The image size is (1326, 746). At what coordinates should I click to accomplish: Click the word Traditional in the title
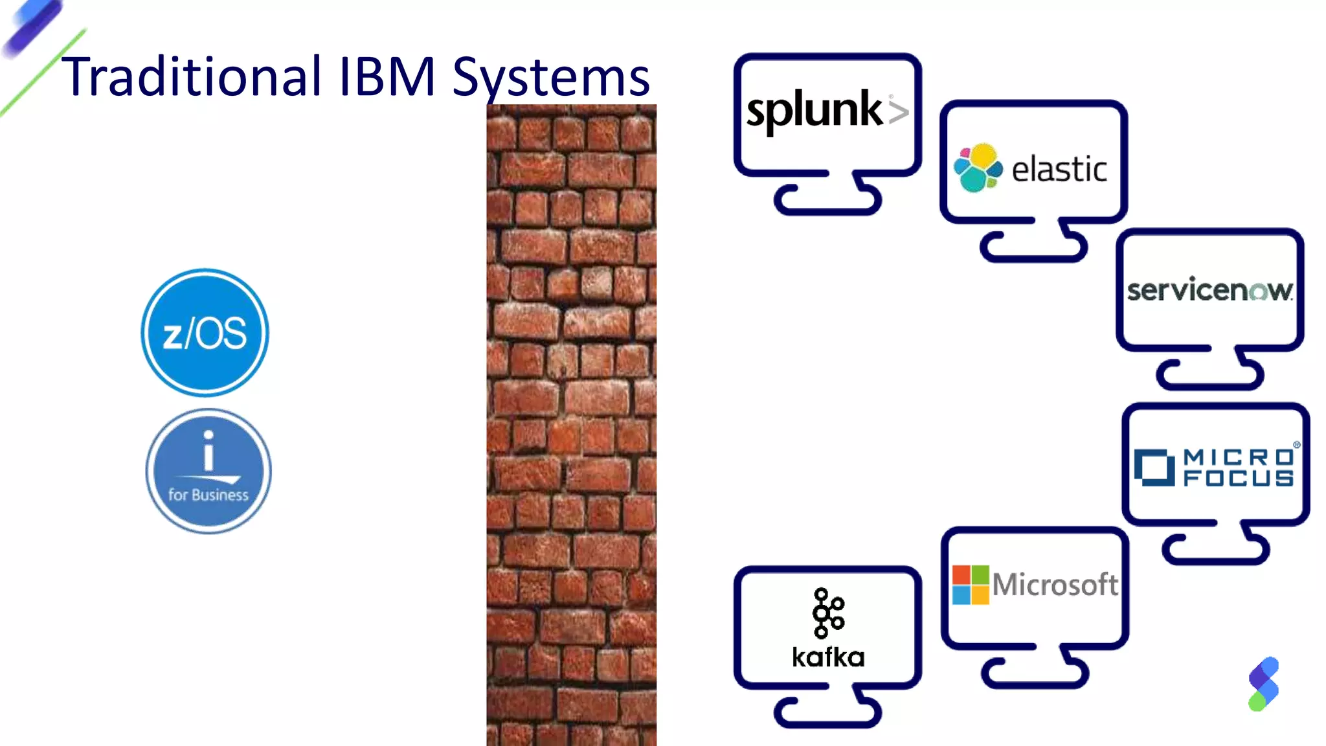(191, 76)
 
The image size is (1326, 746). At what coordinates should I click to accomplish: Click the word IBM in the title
(387, 76)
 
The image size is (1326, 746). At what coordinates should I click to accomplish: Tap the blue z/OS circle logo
(205, 332)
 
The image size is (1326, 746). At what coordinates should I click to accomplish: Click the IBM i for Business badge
(208, 471)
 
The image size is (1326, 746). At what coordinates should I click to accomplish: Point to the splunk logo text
(814, 110)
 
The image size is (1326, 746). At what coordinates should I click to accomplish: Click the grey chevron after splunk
(898, 111)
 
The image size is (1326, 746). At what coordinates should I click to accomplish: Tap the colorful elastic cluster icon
(978, 168)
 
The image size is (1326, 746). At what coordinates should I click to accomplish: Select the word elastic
(1059, 170)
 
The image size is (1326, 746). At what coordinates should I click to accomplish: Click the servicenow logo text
(1209, 290)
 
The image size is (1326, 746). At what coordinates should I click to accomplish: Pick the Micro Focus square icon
(1154, 467)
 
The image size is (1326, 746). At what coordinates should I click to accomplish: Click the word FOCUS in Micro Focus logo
(1238, 479)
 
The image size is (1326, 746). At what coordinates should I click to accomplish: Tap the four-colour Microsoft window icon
(971, 585)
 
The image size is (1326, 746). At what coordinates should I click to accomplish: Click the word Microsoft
(1055, 585)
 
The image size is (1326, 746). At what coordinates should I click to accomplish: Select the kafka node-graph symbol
(827, 613)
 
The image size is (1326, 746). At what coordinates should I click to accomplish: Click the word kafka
(828, 657)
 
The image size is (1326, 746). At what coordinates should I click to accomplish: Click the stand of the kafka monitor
(827, 711)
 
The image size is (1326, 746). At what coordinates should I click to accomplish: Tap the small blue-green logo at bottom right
(1263, 684)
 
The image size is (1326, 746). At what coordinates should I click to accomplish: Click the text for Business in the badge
(208, 495)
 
